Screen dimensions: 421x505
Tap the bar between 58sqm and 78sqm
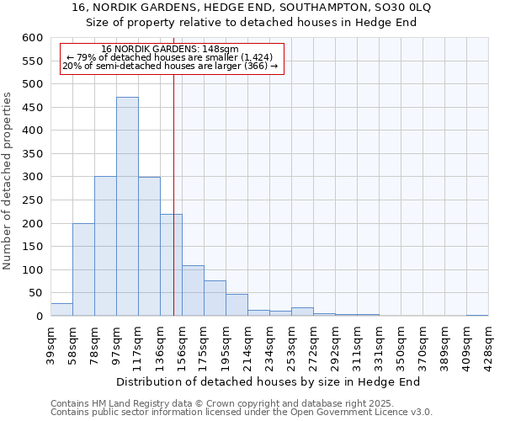(83, 269)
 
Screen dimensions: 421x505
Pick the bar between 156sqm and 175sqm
(193, 290)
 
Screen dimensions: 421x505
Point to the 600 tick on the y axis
(31, 38)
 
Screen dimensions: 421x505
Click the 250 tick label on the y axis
(31, 200)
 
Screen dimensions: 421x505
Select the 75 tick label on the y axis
(34, 293)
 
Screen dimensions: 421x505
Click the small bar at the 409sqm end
(477, 315)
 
